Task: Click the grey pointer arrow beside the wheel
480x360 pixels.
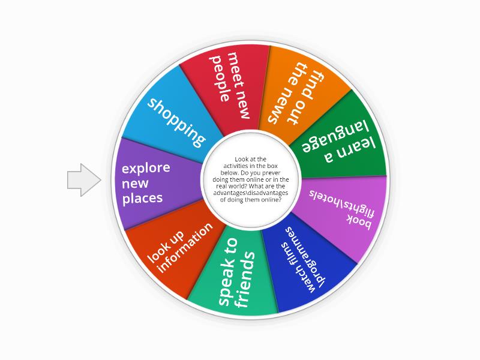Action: [84, 179]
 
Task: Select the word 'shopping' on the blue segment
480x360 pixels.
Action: [176, 122]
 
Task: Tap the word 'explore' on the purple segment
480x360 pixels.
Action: [146, 169]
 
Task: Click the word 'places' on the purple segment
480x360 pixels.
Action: [142, 198]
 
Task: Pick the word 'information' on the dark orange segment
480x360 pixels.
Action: [185, 247]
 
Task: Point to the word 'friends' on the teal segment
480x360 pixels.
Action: [245, 280]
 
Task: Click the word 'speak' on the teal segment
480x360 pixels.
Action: [228, 272]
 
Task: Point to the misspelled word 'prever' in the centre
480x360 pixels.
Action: [271, 173]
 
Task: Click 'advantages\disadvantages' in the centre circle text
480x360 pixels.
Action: [250, 193]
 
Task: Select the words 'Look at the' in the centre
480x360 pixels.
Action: [250, 159]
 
